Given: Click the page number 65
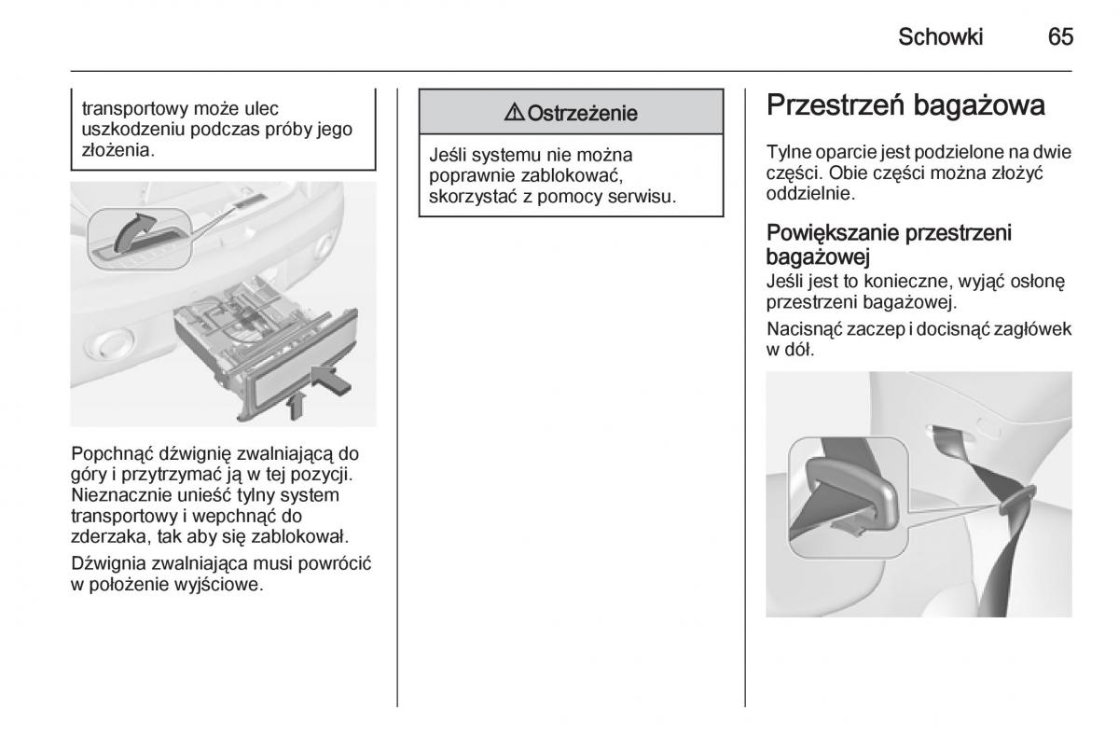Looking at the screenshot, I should pos(1060,36).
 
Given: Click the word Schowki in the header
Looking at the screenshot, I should pos(941,36).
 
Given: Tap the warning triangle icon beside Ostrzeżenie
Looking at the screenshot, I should pos(515,114).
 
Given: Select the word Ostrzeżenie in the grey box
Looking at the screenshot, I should pos(583,114).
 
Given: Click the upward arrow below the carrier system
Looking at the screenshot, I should pos(296,403).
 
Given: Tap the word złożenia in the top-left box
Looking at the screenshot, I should pos(117,149).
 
